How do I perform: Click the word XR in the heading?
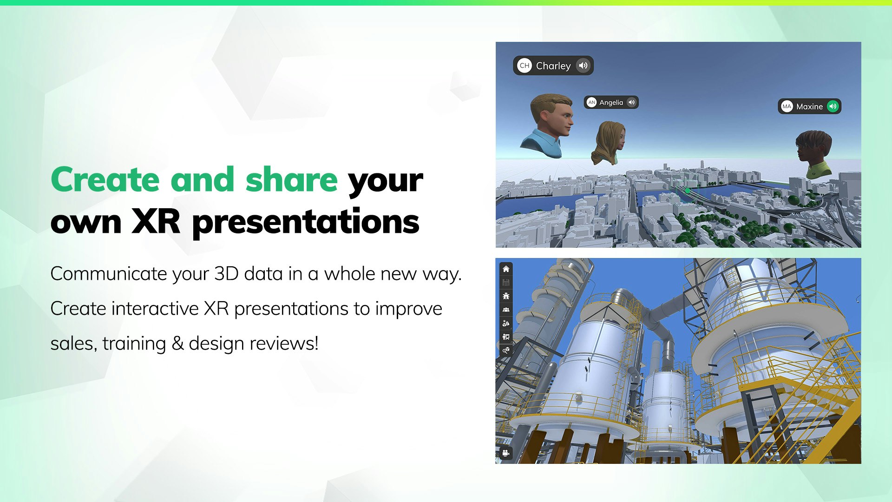(156, 221)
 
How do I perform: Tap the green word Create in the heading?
(105, 179)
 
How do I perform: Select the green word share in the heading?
(291, 179)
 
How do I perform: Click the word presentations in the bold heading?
(306, 223)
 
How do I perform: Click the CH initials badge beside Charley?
(525, 66)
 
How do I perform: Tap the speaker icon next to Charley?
(583, 66)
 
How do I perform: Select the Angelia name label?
(611, 102)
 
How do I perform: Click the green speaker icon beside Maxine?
(833, 106)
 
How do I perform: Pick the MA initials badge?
(787, 106)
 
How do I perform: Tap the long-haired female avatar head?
(608, 143)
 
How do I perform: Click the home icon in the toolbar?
(506, 269)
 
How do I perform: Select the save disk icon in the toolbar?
(506, 283)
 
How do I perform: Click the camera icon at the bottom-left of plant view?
(506, 453)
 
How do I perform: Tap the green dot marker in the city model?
(688, 191)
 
